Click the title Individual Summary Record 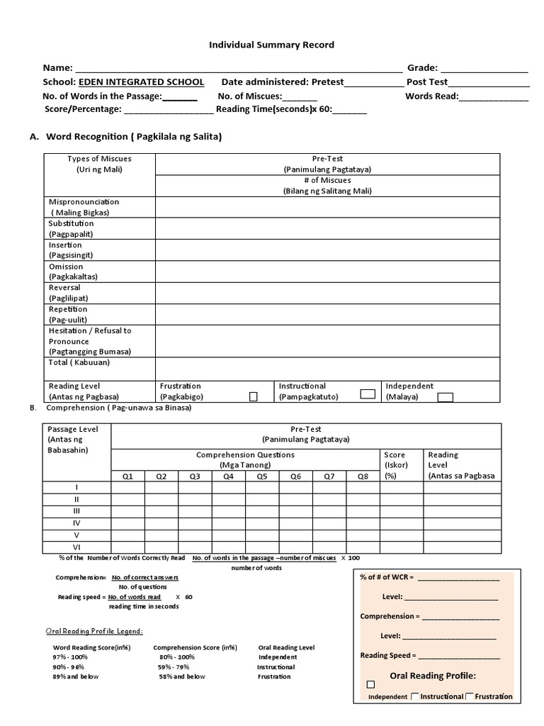point(271,45)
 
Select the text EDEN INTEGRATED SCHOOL point(141,82)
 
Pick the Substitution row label point(71,228)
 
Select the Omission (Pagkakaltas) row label point(73,272)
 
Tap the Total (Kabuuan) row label point(79,362)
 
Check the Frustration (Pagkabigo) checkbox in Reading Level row point(253,397)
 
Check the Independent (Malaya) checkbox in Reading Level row point(445,397)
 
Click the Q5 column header point(262,476)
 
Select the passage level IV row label point(76,523)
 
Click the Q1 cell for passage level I point(127,488)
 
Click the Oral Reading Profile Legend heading point(94,631)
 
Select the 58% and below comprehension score point(182,676)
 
